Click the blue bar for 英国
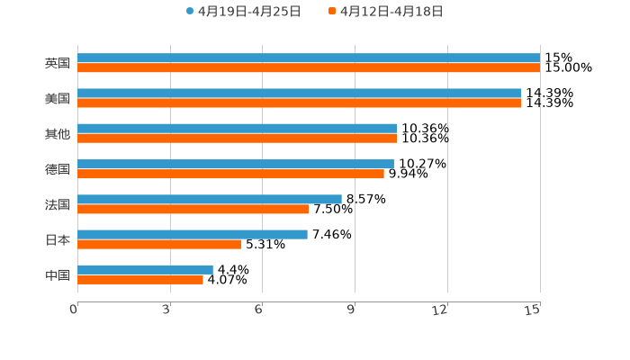[x=309, y=58]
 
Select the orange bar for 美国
[x=300, y=103]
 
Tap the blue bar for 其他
[x=238, y=129]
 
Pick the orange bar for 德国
[x=230, y=174]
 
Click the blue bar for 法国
[x=210, y=199]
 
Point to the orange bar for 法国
[x=193, y=209]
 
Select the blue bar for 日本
[x=193, y=234]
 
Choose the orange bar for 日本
[x=159, y=244]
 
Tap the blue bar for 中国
[x=145, y=269]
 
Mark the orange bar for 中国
[x=140, y=279]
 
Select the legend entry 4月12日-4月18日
[x=391, y=12]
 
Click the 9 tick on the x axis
[x=354, y=310]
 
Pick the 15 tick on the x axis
[x=534, y=310]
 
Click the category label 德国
[x=58, y=169]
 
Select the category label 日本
[x=58, y=239]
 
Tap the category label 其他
[x=58, y=134]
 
